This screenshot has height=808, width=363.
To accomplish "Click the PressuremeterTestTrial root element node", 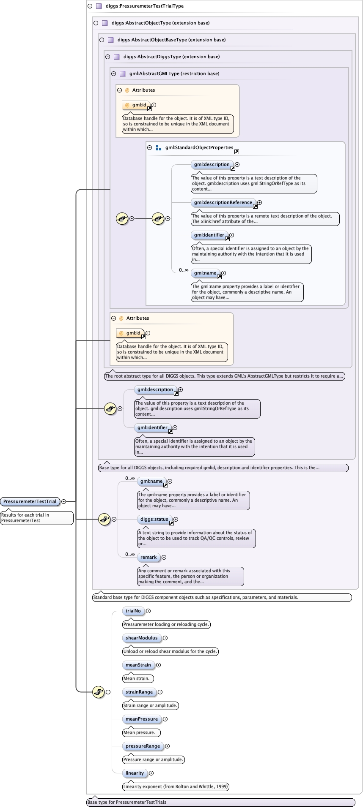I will click(30, 501).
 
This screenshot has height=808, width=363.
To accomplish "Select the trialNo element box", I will click(133, 611).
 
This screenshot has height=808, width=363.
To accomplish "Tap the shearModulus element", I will click(141, 638).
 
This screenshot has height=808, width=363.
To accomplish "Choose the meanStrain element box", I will click(138, 665).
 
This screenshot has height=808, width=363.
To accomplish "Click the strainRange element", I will click(139, 692).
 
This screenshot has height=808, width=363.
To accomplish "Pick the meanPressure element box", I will click(141, 719).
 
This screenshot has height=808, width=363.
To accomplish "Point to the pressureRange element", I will click(143, 746).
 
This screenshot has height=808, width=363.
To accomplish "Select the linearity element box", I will click(135, 773).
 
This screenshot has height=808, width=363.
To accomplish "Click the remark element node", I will click(148, 557).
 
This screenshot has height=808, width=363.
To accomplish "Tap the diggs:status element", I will click(154, 519).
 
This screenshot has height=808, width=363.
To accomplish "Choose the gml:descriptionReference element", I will click(223, 202).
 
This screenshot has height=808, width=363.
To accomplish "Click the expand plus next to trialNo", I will click(148, 611).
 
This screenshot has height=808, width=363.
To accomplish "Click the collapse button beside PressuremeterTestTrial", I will click(63, 501).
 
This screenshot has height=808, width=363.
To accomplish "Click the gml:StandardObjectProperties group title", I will click(199, 147).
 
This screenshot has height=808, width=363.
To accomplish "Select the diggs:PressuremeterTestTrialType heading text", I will click(145, 6).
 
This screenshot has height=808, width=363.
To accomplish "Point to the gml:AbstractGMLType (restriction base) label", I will click(174, 73).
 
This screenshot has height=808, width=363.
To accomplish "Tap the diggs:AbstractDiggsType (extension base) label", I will click(171, 57).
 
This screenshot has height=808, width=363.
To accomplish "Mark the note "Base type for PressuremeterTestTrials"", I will click(126, 802).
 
